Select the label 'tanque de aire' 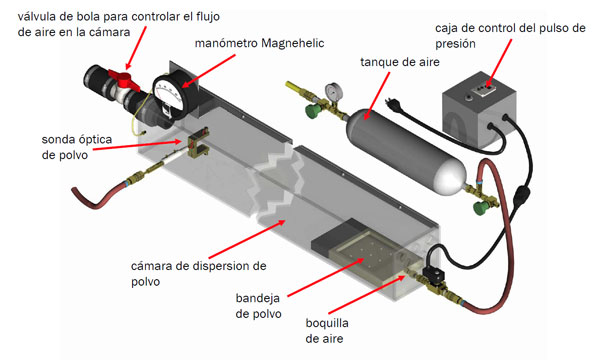pos(398,62)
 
